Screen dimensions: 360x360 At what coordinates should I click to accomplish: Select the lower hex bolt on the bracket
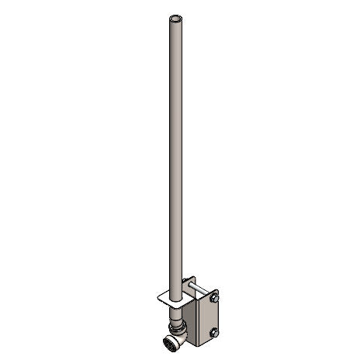[214, 334]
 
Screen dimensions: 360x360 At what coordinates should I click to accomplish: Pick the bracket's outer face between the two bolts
[214, 315]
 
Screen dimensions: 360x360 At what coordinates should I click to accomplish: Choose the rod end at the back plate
[185, 289]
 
